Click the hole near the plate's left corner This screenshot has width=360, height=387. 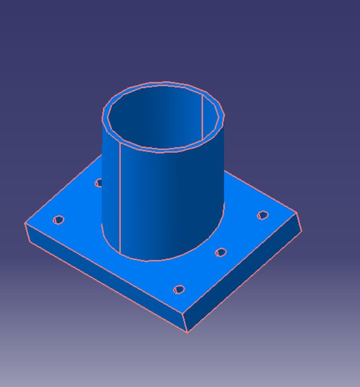59,220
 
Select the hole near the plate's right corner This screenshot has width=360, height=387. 263,215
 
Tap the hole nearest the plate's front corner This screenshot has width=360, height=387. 178,290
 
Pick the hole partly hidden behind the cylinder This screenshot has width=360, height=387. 99,182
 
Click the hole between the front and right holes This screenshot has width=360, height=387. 221,252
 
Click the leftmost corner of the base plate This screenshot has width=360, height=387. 25,224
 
